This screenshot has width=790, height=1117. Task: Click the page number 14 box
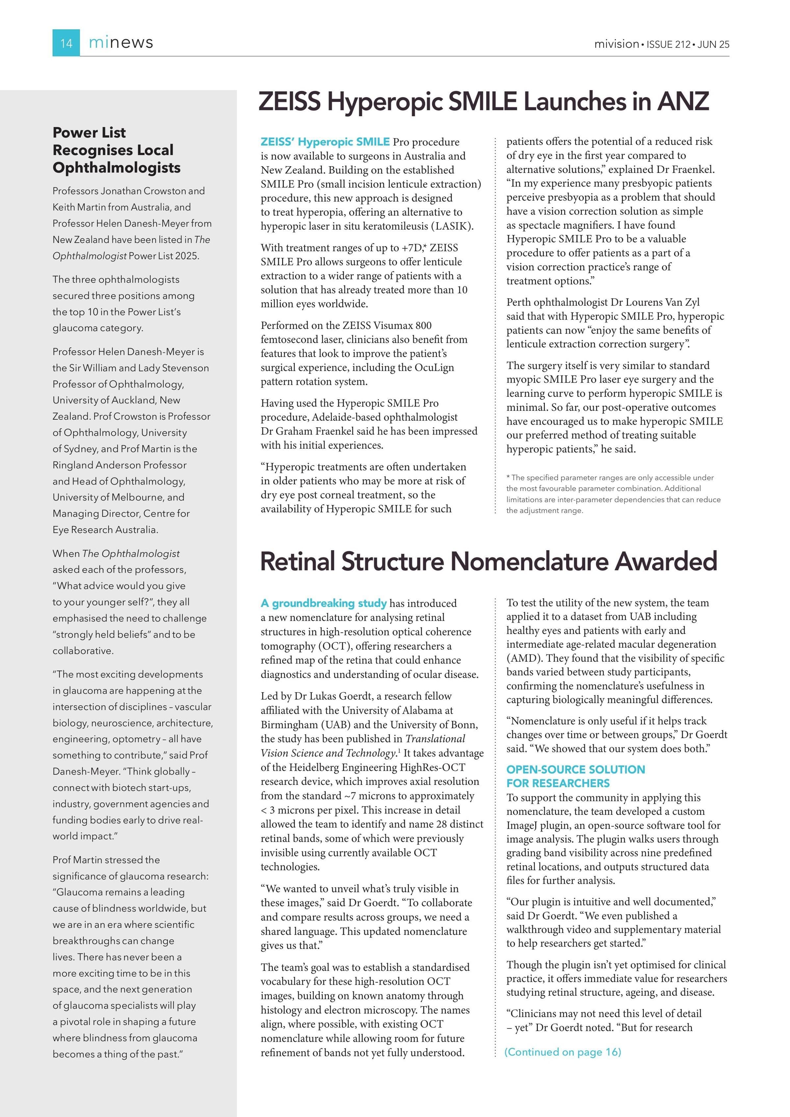[x=66, y=43]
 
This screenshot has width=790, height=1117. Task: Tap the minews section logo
[x=121, y=43]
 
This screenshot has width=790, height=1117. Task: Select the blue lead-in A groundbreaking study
[x=324, y=603]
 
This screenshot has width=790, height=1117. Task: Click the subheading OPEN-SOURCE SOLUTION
[x=575, y=769]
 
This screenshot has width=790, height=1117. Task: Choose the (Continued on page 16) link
[x=563, y=1052]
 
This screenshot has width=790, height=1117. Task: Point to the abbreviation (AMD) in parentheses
[x=524, y=658]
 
